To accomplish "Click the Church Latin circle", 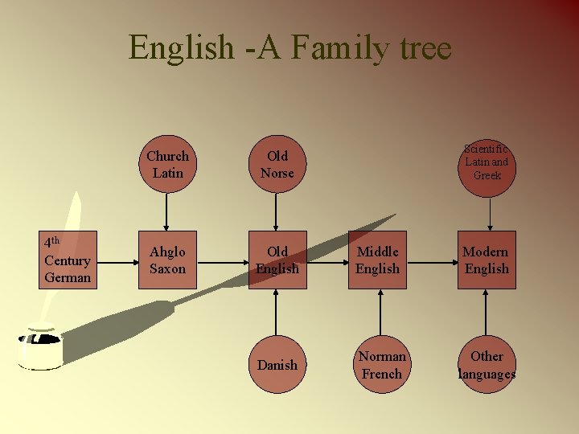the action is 167,164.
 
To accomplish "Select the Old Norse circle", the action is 277,164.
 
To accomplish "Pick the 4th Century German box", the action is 68,260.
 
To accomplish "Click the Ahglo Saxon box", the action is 167,260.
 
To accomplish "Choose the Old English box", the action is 277,260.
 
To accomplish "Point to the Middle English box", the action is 377,260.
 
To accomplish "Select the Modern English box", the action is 487,260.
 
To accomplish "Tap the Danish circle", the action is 277,365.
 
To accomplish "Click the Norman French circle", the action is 381,365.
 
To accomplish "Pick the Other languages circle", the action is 487,365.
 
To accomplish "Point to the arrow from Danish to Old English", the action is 277,312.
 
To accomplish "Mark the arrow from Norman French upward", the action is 378,312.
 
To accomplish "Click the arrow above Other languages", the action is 487,312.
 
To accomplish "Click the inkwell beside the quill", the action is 40,347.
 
